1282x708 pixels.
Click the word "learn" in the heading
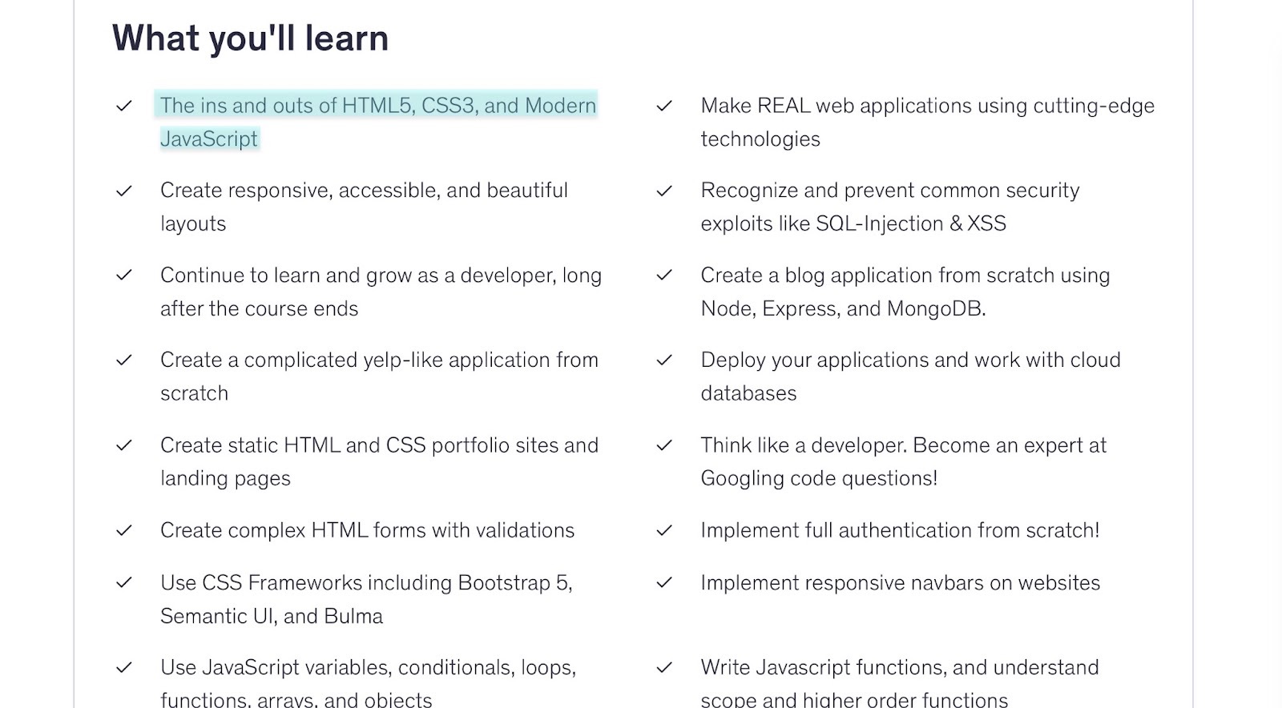click(x=346, y=38)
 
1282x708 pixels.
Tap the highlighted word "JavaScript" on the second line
click(x=208, y=139)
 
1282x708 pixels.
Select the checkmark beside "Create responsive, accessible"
click(x=124, y=191)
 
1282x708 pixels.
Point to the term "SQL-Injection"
click(x=879, y=224)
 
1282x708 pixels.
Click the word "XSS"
click(x=986, y=224)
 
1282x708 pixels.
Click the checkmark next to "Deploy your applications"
click(x=664, y=361)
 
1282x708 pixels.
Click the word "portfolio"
click(x=470, y=445)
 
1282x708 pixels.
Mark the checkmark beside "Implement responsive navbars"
click(x=664, y=584)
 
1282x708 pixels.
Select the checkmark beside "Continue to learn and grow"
click(x=124, y=276)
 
